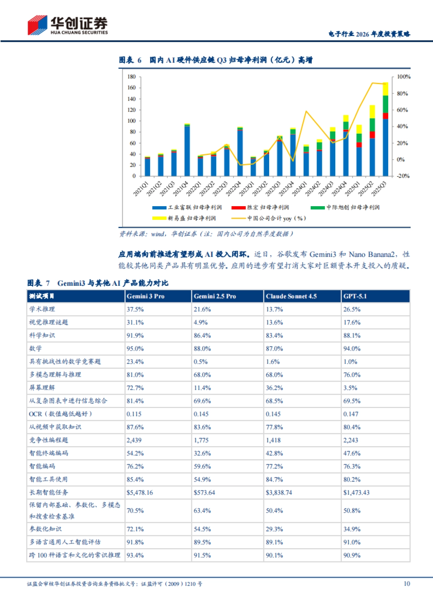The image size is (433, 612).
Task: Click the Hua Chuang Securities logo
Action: pyautogui.click(x=67, y=25)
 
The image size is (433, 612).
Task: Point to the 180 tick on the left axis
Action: pyautogui.click(x=132, y=77)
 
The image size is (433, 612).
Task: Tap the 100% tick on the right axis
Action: pyautogui.click(x=403, y=77)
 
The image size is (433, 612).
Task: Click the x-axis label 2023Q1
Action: pyautogui.click(x=247, y=189)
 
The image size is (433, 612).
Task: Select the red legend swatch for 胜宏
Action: pyautogui.click(x=238, y=208)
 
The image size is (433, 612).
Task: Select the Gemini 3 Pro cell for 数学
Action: pyautogui.click(x=135, y=349)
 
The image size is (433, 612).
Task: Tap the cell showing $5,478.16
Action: pyautogui.click(x=140, y=492)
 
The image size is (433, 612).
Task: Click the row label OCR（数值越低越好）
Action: pyautogui.click(x=61, y=414)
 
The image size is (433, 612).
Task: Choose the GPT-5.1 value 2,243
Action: pyautogui.click(x=351, y=440)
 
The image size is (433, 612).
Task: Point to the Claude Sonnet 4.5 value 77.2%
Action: pyautogui.click(x=274, y=466)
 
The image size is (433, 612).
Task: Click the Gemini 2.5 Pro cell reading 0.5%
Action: pyautogui.click(x=201, y=362)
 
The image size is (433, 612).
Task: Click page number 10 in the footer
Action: pyautogui.click(x=407, y=584)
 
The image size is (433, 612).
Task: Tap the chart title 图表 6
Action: pyautogui.click(x=130, y=60)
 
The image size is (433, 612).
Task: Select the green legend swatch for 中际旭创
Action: pyautogui.click(x=318, y=208)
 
